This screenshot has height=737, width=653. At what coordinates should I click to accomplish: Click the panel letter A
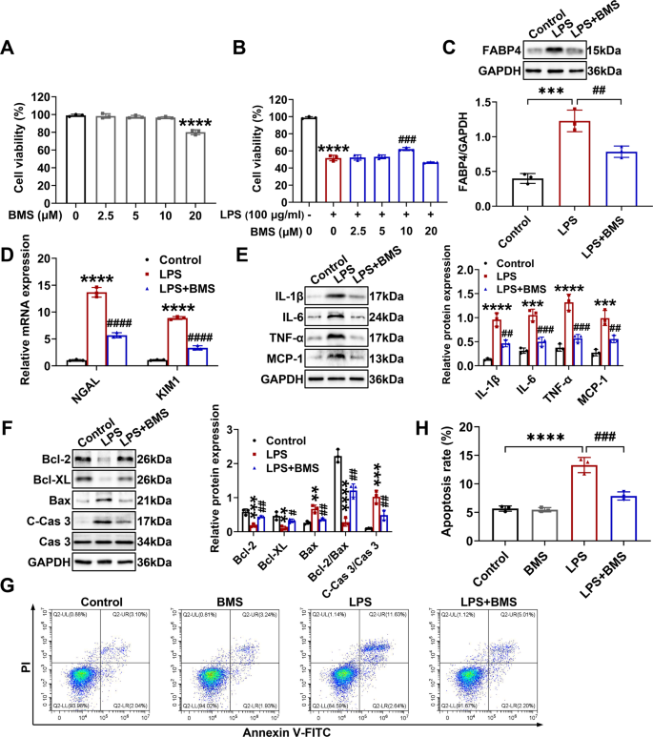point(12,49)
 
